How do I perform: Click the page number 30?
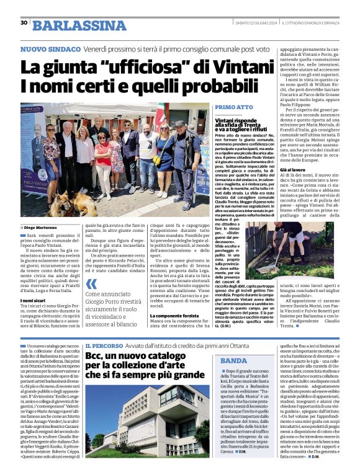(24, 23)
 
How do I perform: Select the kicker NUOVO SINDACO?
(46, 49)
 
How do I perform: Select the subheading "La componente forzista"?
(174, 316)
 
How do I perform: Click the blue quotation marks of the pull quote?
(91, 288)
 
